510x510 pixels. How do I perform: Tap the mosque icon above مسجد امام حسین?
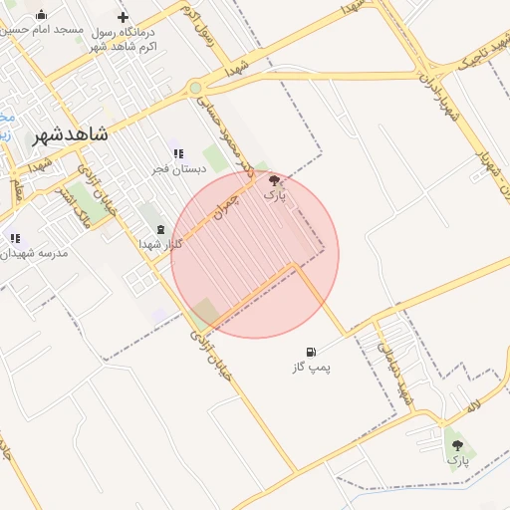pyautogui.click(x=41, y=15)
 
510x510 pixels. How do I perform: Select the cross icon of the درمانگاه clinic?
pyautogui.click(x=123, y=17)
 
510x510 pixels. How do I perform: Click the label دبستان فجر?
pyautogui.click(x=179, y=169)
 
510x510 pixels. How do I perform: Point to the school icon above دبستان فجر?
pyautogui.click(x=178, y=153)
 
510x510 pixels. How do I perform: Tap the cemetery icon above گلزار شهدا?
pyautogui.click(x=160, y=230)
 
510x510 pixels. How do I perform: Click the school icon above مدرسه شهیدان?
pyautogui.click(x=14, y=238)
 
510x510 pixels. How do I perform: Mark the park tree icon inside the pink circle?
pyautogui.click(x=274, y=180)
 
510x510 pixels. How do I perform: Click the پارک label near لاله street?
pyautogui.click(x=457, y=460)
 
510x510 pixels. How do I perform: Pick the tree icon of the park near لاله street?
pyautogui.click(x=457, y=444)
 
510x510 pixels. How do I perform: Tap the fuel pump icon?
pyautogui.click(x=312, y=352)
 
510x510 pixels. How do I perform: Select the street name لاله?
pyautogui.click(x=473, y=407)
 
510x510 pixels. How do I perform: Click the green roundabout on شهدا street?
pyautogui.click(x=195, y=88)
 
